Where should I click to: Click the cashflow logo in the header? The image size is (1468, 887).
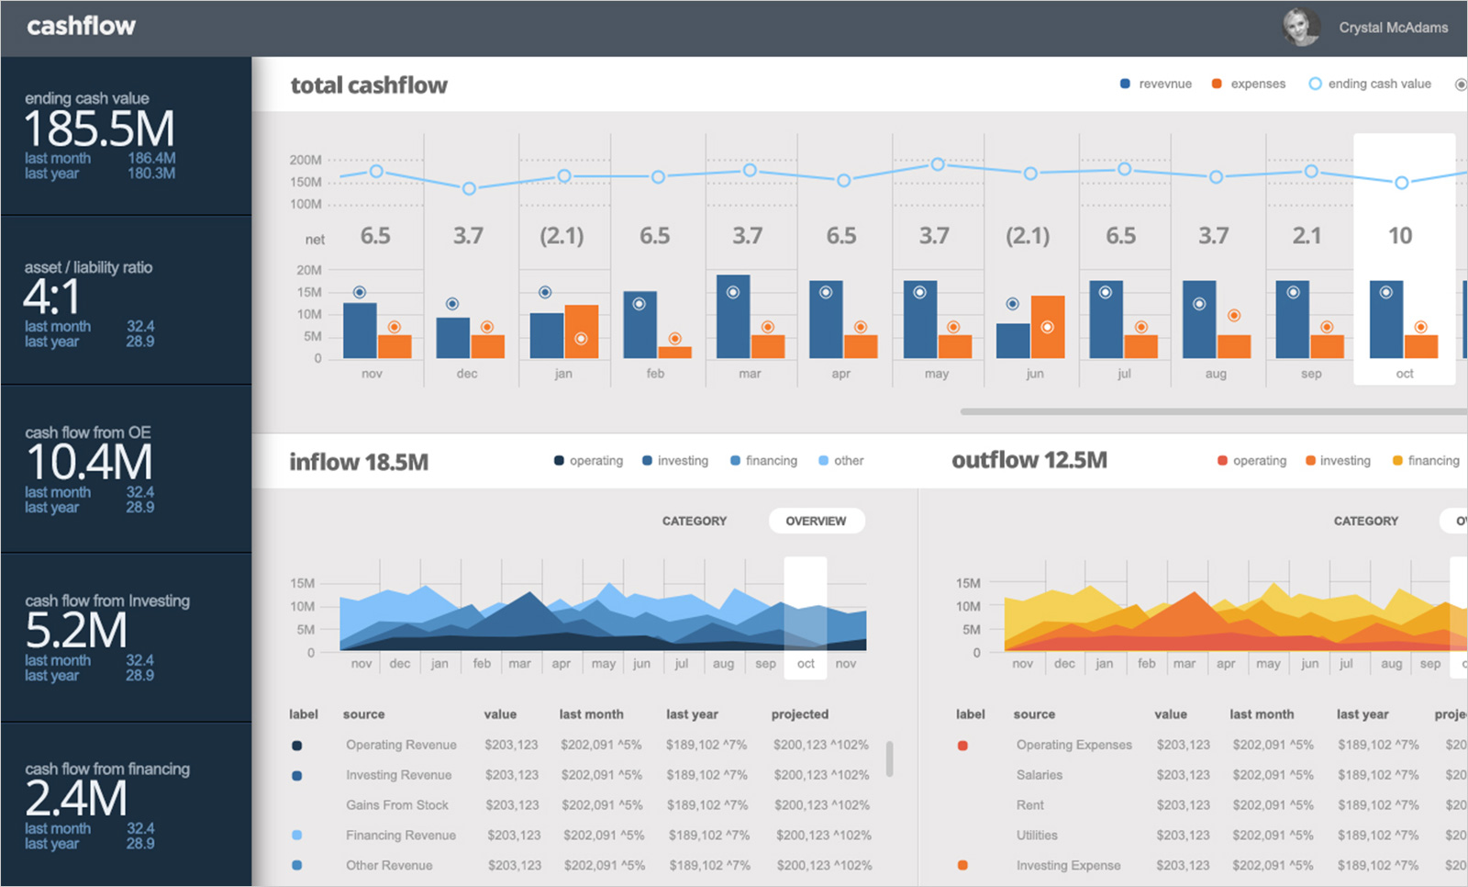[81, 26]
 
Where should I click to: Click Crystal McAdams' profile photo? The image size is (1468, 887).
[1300, 28]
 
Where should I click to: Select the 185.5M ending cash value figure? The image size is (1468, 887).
[99, 129]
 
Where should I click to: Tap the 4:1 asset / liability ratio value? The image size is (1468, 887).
[52, 298]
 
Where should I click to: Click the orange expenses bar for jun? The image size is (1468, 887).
[1048, 327]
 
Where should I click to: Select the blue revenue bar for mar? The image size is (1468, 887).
[733, 317]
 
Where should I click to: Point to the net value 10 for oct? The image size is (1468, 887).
[1400, 236]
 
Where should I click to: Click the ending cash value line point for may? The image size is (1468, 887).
[938, 164]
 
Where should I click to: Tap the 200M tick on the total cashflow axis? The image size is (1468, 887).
[306, 160]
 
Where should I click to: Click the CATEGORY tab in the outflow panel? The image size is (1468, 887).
[1365, 521]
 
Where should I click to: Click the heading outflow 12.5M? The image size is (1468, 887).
[1029, 460]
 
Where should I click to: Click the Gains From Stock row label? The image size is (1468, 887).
[396, 805]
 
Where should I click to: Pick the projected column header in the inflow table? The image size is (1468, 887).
[799, 714]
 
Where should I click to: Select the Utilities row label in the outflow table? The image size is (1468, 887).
[1037, 836]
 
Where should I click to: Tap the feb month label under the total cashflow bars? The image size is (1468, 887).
[655, 374]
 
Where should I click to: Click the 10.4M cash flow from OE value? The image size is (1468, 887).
[89, 463]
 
